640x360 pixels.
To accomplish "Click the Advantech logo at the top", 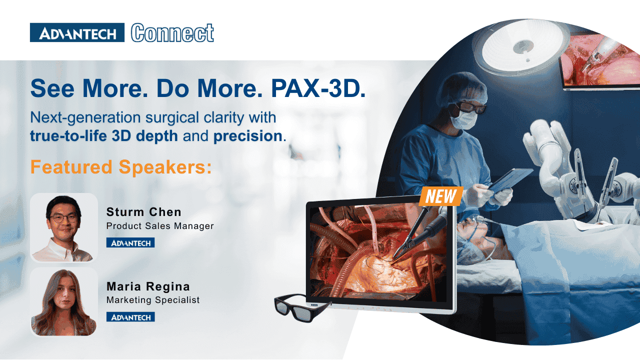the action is coord(77,32).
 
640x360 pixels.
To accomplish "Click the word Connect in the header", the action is coord(172,33).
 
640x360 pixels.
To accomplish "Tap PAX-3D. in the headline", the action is coord(318,88).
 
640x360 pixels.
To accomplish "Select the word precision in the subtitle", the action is coord(247,136).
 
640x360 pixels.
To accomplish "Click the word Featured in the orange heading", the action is coord(71,167).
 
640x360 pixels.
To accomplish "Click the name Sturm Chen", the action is coord(143,212).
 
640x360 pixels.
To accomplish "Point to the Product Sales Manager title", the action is coord(160,226).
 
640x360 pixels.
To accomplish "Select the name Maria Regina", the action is coord(148,286).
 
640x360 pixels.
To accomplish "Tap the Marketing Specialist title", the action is coord(153,300).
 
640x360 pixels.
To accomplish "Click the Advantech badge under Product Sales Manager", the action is coord(130,243).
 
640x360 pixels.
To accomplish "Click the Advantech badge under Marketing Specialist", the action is coord(130,317).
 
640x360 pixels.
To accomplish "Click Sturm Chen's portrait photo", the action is coord(64,227).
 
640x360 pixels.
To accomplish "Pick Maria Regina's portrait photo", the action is coord(64,302).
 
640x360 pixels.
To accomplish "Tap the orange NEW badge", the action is coord(441,196).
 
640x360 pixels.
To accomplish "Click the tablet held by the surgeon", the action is coord(510,179).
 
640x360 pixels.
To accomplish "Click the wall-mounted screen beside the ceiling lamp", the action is coord(600,61).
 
